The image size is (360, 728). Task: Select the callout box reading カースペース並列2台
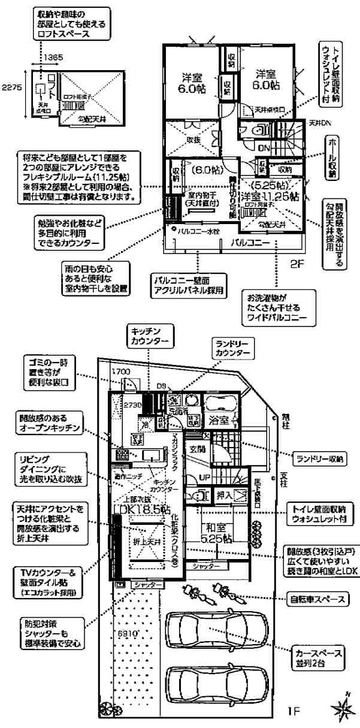click(309, 657)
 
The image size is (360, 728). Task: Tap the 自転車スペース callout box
click(310, 598)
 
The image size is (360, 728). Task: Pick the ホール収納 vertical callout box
click(333, 158)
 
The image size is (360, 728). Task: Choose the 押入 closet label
click(223, 496)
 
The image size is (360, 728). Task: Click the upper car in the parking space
click(205, 632)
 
